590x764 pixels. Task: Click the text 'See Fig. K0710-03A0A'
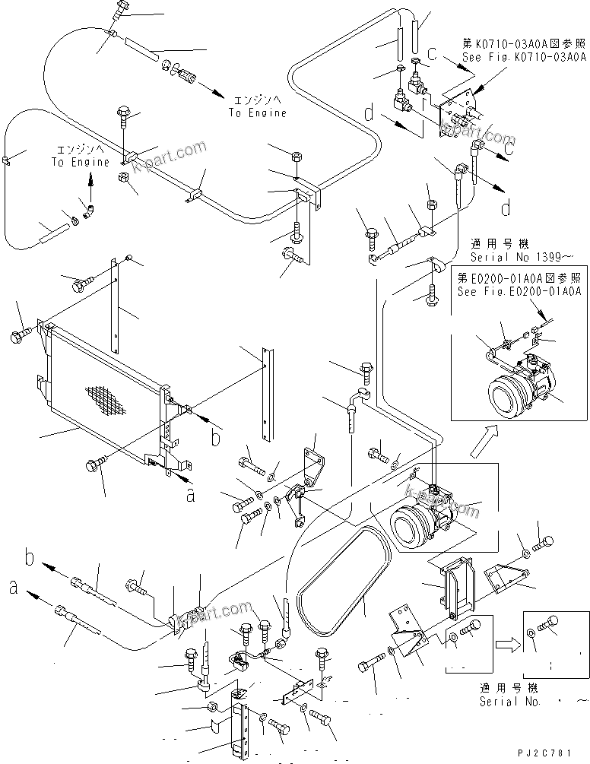pos(520,57)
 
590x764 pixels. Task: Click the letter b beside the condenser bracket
pos(215,439)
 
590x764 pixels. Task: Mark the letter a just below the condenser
pos(190,496)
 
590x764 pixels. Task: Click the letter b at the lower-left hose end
pos(28,561)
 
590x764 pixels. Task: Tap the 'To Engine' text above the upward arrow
pos(80,162)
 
